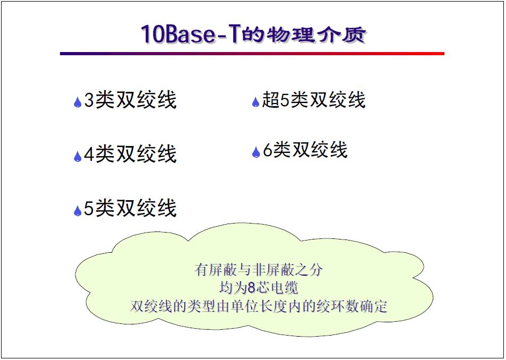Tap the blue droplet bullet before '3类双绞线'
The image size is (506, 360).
point(78,102)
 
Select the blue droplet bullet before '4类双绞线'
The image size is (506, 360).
point(78,156)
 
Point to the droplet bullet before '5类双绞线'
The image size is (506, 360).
point(78,210)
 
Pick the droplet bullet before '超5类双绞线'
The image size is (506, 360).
point(255,101)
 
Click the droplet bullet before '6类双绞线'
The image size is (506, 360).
point(255,152)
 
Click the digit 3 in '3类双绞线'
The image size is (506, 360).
point(89,100)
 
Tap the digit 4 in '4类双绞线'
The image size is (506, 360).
point(89,155)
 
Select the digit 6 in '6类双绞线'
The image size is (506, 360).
point(268,151)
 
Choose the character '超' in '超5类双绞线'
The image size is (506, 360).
point(271,100)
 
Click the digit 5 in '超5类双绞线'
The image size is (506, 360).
point(285,100)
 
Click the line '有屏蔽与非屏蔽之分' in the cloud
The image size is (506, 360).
point(259,270)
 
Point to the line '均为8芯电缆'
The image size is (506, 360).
point(259,288)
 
